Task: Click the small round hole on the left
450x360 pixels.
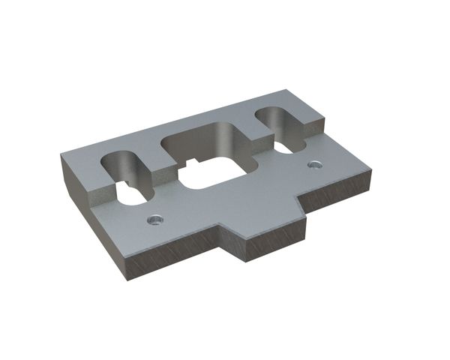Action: click(x=154, y=218)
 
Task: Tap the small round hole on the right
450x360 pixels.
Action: click(x=313, y=163)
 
